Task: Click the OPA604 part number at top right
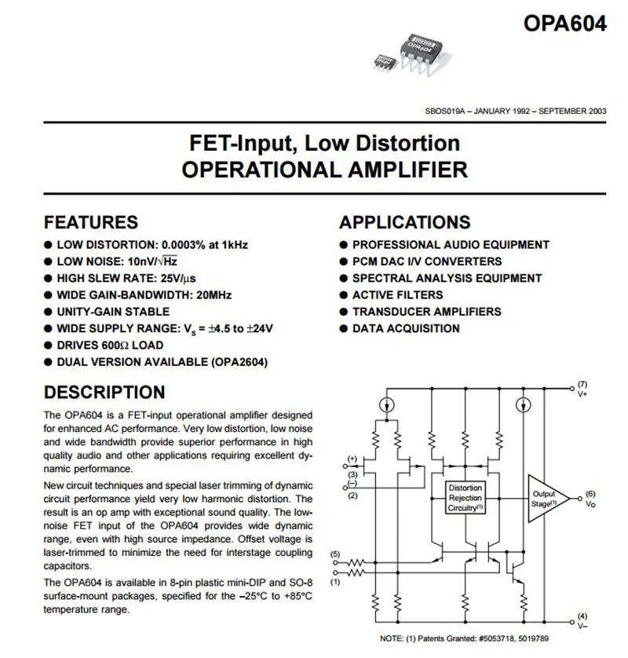click(564, 24)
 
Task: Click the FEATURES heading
click(91, 222)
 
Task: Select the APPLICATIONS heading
click(405, 222)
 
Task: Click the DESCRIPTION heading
click(104, 393)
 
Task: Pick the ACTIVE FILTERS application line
click(397, 295)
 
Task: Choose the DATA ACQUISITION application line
click(406, 328)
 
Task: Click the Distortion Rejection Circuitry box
click(466, 498)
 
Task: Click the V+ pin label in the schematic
click(582, 394)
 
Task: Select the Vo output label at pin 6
click(591, 504)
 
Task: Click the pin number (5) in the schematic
click(336, 555)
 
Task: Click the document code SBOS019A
click(444, 111)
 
